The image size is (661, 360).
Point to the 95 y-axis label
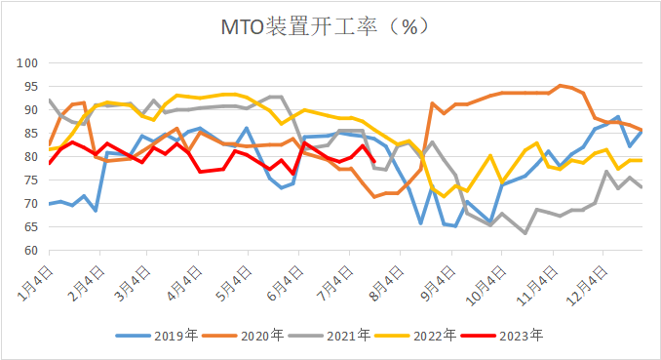pyautogui.click(x=29, y=87)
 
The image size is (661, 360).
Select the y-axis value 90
pyautogui.click(x=29, y=110)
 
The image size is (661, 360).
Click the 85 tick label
pyautogui.click(x=29, y=134)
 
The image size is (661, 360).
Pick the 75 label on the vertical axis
pyautogui.click(x=29, y=180)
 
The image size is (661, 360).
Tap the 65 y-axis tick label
pyautogui.click(x=29, y=227)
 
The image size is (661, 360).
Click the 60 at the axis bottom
pyautogui.click(x=29, y=251)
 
